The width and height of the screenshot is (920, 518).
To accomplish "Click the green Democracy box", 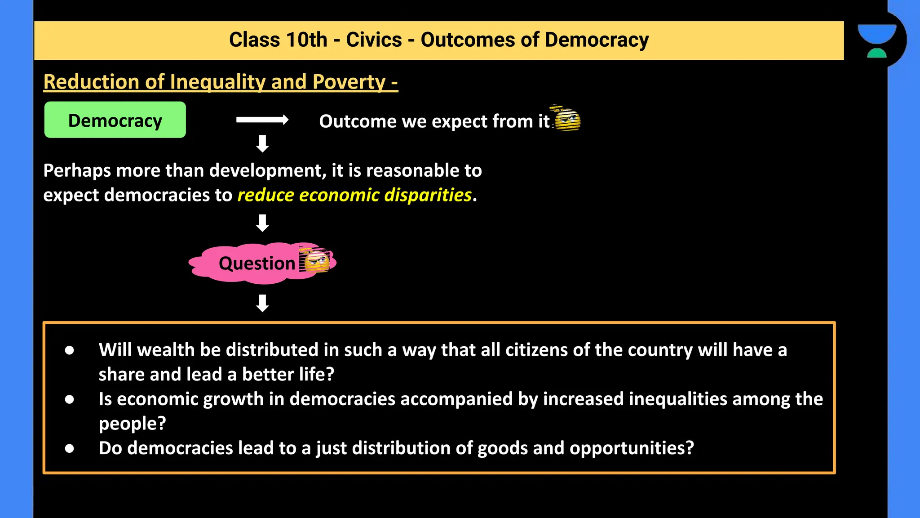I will coord(115,120).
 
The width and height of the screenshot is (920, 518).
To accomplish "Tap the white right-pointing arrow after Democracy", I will coord(262,120).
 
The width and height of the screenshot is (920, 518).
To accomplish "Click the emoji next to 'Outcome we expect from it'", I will coord(567,119).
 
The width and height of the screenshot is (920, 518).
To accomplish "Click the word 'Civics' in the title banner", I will coord(374,40).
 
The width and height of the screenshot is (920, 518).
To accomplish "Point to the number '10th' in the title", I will coord(306,40).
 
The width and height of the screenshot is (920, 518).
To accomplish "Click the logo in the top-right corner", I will coord(877,40).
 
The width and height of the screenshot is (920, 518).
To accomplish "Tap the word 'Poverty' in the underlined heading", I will coord(349,82).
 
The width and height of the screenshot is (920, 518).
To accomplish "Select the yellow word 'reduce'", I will coord(265,195).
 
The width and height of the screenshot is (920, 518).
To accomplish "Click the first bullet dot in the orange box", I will coord(69,350).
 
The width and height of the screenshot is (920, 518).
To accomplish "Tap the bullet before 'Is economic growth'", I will coord(69,399).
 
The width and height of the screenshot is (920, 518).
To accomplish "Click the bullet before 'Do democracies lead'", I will coord(69,448).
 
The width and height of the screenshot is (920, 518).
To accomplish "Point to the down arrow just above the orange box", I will coord(262,303).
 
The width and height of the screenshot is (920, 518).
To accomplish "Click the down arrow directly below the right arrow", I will coord(262,143).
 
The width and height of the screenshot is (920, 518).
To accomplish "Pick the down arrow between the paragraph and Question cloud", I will coord(262,223).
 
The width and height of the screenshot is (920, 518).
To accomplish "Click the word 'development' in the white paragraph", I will coord(266,171).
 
